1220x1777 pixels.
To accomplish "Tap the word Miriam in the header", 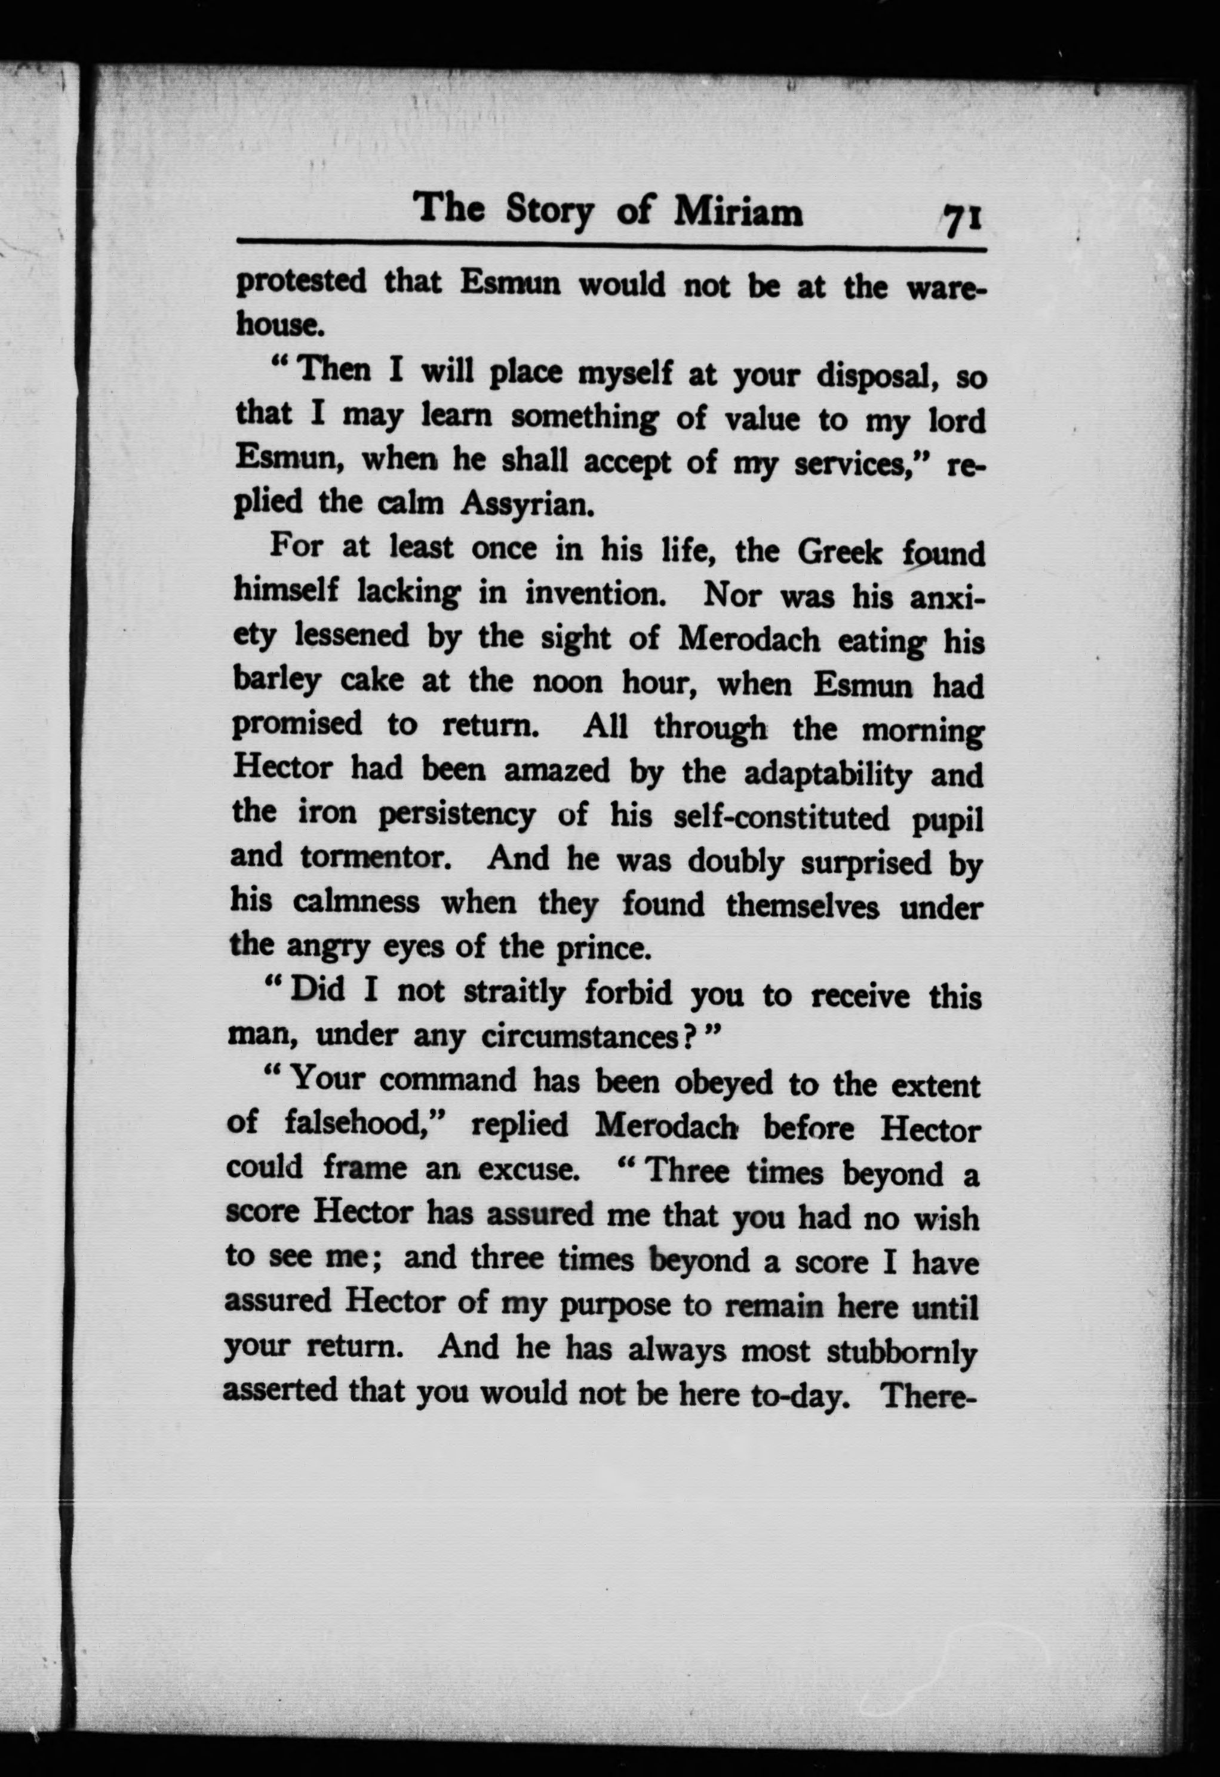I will [x=738, y=211].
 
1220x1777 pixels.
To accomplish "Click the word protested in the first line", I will [x=300, y=283].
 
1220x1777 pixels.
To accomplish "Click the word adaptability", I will [x=828, y=775].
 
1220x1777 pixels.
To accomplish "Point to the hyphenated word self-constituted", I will [x=781, y=818].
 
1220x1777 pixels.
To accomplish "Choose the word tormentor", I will [x=373, y=859].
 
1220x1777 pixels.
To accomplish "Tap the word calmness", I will [x=356, y=903].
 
